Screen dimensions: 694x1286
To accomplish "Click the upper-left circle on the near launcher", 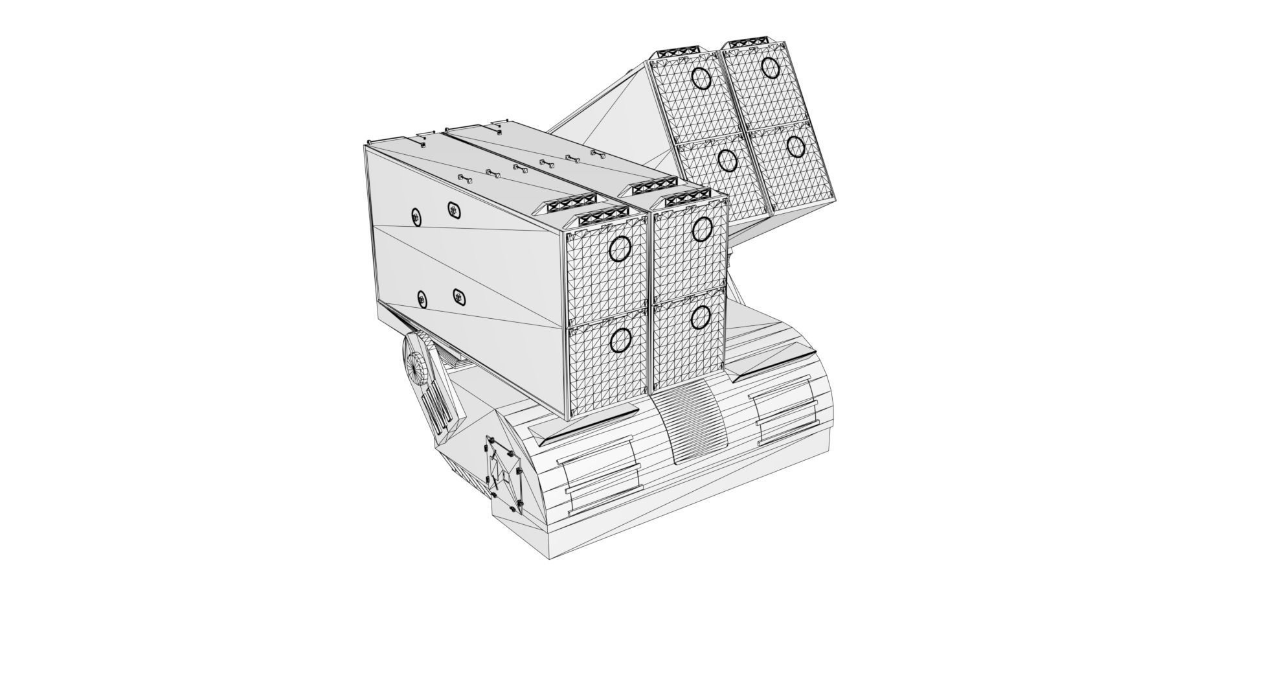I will (x=620, y=248).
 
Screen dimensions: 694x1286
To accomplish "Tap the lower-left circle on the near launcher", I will (x=620, y=340).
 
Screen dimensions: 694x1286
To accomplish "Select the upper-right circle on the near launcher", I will (x=702, y=228).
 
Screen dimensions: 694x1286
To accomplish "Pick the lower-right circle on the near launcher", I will (x=701, y=317).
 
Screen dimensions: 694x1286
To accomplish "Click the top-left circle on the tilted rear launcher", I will (x=701, y=78).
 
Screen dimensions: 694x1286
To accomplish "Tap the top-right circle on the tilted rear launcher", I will (x=770, y=67).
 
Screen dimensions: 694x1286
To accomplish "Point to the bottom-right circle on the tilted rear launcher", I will (x=795, y=147).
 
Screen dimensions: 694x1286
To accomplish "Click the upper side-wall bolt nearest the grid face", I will (x=453, y=209).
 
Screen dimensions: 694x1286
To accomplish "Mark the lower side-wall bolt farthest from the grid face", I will (x=422, y=299).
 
